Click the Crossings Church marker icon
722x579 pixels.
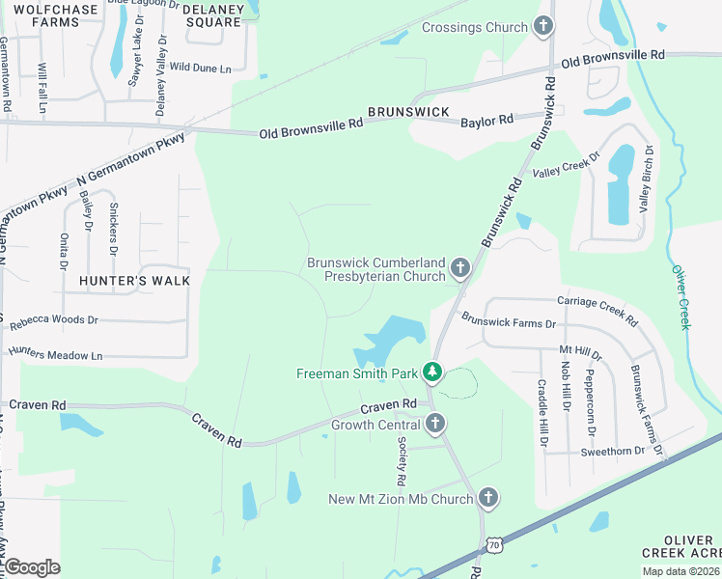coord(543,27)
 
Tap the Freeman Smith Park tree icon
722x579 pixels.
coord(432,372)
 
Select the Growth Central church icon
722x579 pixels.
coord(435,423)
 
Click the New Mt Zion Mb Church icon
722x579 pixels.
coord(488,498)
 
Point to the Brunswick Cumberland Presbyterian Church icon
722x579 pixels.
coord(460,267)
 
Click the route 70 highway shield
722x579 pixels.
coord(493,546)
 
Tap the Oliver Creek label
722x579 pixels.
coord(682,297)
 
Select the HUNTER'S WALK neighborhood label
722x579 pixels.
coord(136,280)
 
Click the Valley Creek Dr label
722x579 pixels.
coord(567,164)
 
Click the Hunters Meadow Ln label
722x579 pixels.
coord(56,354)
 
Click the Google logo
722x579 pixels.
coord(32,567)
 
